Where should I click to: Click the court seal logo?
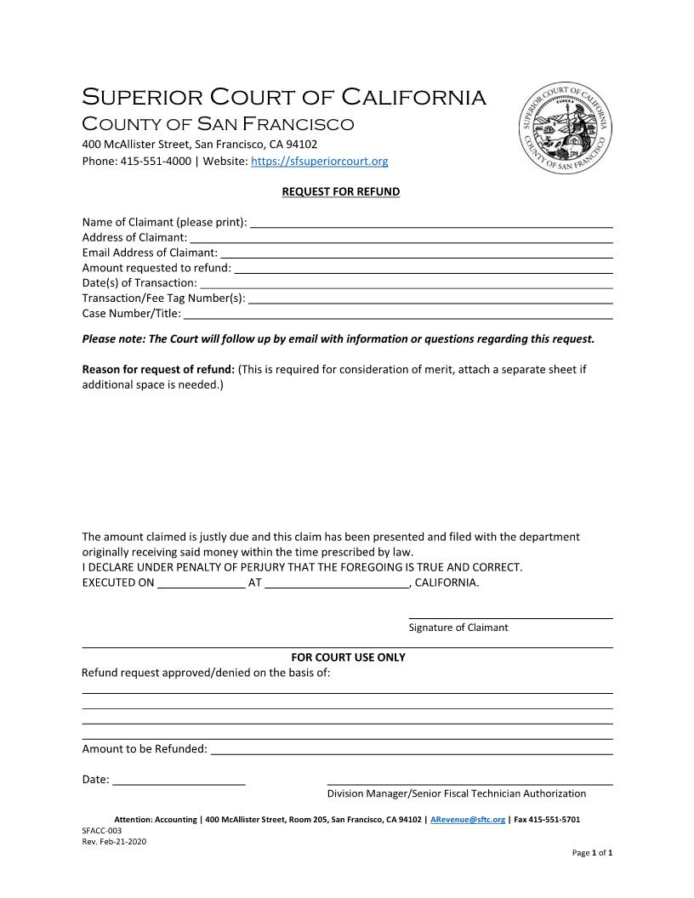(566, 129)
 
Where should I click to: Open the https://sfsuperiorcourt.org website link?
(320, 161)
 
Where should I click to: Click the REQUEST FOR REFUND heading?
(340, 192)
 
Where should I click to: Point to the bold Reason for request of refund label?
(158, 369)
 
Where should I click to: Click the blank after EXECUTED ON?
(202, 584)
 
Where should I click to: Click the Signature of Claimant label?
(458, 628)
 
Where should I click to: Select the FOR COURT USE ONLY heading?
(348, 657)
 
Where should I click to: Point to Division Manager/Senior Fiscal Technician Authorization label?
(457, 793)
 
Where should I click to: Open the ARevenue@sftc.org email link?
(468, 820)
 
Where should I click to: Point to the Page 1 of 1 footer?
(592, 852)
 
